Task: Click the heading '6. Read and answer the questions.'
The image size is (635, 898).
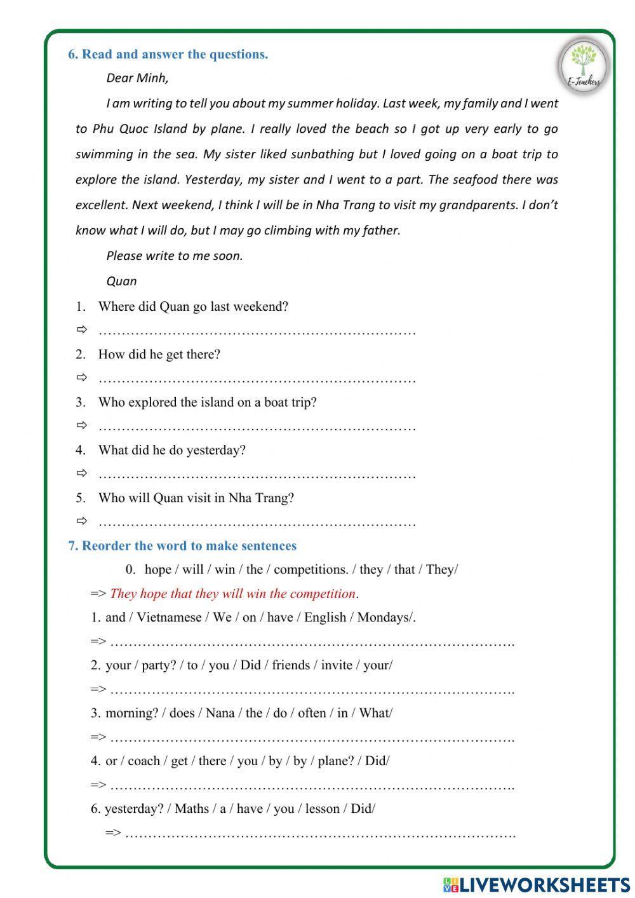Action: coord(168,55)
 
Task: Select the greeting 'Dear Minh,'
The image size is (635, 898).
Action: coord(137,78)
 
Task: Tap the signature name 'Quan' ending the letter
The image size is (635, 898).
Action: coord(121,281)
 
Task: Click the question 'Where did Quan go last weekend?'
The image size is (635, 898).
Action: coord(193,306)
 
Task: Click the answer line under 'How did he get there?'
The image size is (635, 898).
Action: coord(257,380)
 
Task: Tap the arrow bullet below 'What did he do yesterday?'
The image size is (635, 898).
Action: coord(81,473)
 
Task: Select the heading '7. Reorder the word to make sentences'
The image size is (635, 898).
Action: coord(182,546)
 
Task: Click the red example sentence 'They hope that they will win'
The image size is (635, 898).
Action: coord(232,594)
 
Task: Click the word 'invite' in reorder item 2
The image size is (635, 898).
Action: coord(337,665)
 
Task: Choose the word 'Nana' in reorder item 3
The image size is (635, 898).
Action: coord(220,713)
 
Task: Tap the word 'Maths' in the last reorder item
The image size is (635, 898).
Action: coord(192,808)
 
